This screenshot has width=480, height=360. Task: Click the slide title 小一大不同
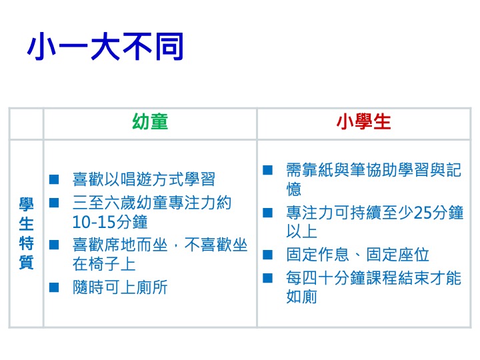105,46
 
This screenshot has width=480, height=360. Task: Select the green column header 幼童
150,121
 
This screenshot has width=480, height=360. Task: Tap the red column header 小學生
364,121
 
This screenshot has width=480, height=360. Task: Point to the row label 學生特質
26,233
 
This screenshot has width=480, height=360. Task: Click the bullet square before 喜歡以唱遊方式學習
54,179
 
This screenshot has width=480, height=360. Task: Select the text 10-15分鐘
110,222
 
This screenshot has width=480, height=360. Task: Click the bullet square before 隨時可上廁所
54,287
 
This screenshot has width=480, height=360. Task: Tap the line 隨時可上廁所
120,287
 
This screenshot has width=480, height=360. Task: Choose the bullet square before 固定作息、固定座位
267,255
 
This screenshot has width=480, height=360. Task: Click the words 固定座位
397,255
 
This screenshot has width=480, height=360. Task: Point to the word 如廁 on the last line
301,297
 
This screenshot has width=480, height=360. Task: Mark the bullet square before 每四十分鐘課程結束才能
267,278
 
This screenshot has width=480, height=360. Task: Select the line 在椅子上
104,264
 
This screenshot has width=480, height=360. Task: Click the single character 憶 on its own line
294,189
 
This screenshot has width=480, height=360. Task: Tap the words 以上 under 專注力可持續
301,231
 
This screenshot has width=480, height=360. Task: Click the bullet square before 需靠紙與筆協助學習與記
267,170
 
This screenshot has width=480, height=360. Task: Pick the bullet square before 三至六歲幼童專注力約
54,203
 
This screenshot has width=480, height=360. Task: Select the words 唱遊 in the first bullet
137,179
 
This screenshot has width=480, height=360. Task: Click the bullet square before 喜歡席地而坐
54,245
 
